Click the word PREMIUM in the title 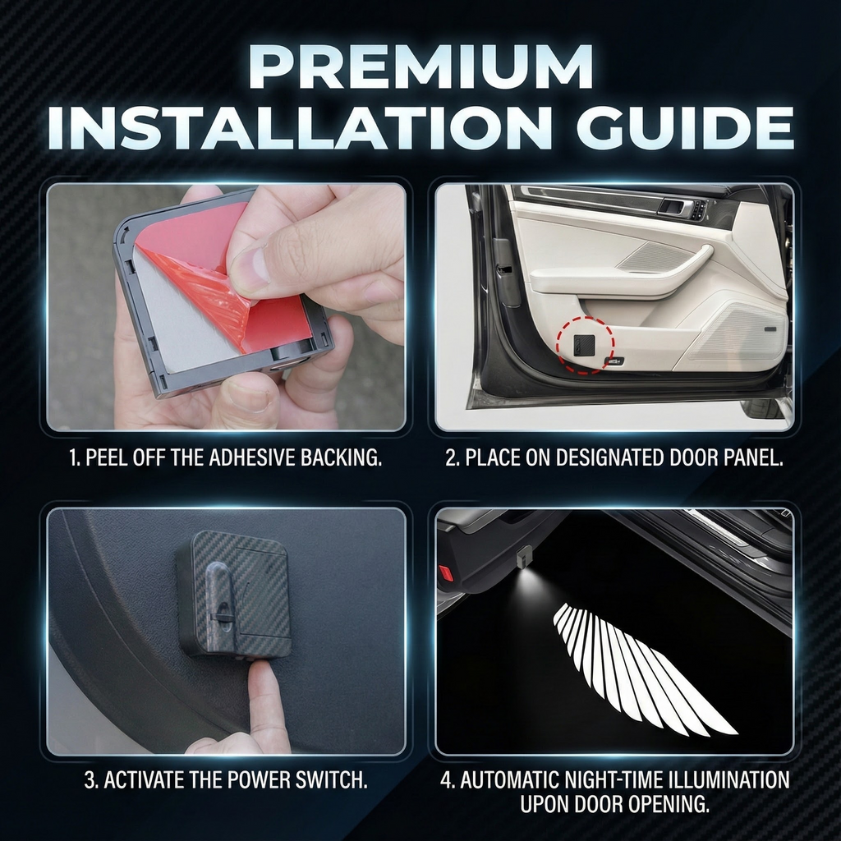421,67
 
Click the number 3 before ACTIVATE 90,780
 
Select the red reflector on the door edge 446,572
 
